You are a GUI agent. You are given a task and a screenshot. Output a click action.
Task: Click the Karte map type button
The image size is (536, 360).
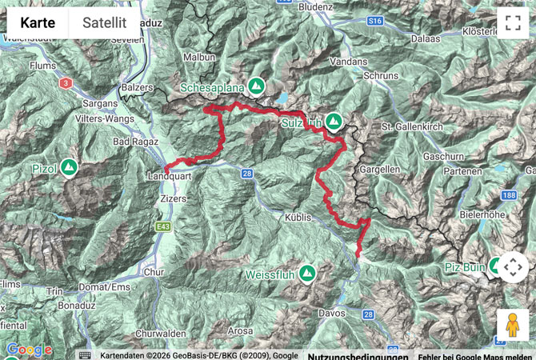(38, 23)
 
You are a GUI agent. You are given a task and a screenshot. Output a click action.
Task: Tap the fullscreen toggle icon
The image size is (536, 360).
(512, 22)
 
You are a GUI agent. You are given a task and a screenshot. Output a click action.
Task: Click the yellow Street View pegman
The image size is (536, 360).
(512, 325)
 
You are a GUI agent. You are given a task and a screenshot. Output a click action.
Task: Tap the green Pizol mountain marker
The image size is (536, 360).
(69, 168)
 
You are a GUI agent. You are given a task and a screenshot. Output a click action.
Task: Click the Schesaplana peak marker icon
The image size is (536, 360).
(256, 85)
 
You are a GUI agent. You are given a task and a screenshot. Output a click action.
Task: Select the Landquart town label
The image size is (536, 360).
(169, 175)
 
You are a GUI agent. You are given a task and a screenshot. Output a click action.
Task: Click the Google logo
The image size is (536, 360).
(28, 350)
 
